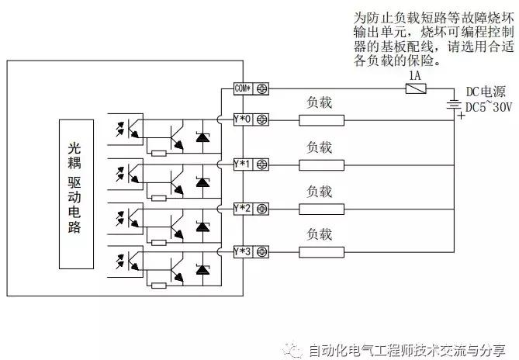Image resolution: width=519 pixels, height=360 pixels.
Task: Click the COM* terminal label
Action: tap(244, 88)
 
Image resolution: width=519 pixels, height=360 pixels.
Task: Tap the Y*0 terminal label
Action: tap(243, 119)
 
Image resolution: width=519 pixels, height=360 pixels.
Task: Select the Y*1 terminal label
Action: tap(243, 164)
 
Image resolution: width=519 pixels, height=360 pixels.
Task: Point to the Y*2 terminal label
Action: tap(243, 208)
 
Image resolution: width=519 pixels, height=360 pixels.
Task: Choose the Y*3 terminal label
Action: tap(243, 251)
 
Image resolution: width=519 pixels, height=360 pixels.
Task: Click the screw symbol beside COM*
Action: tap(263, 88)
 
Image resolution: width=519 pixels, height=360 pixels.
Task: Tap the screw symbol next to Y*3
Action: tap(263, 251)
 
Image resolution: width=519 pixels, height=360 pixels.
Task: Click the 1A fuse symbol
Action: tap(414, 88)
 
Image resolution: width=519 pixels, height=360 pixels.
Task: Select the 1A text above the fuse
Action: tap(414, 75)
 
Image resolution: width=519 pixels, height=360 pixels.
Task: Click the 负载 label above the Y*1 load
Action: tap(320, 147)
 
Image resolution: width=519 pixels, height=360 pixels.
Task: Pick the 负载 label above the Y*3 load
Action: tap(320, 234)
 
